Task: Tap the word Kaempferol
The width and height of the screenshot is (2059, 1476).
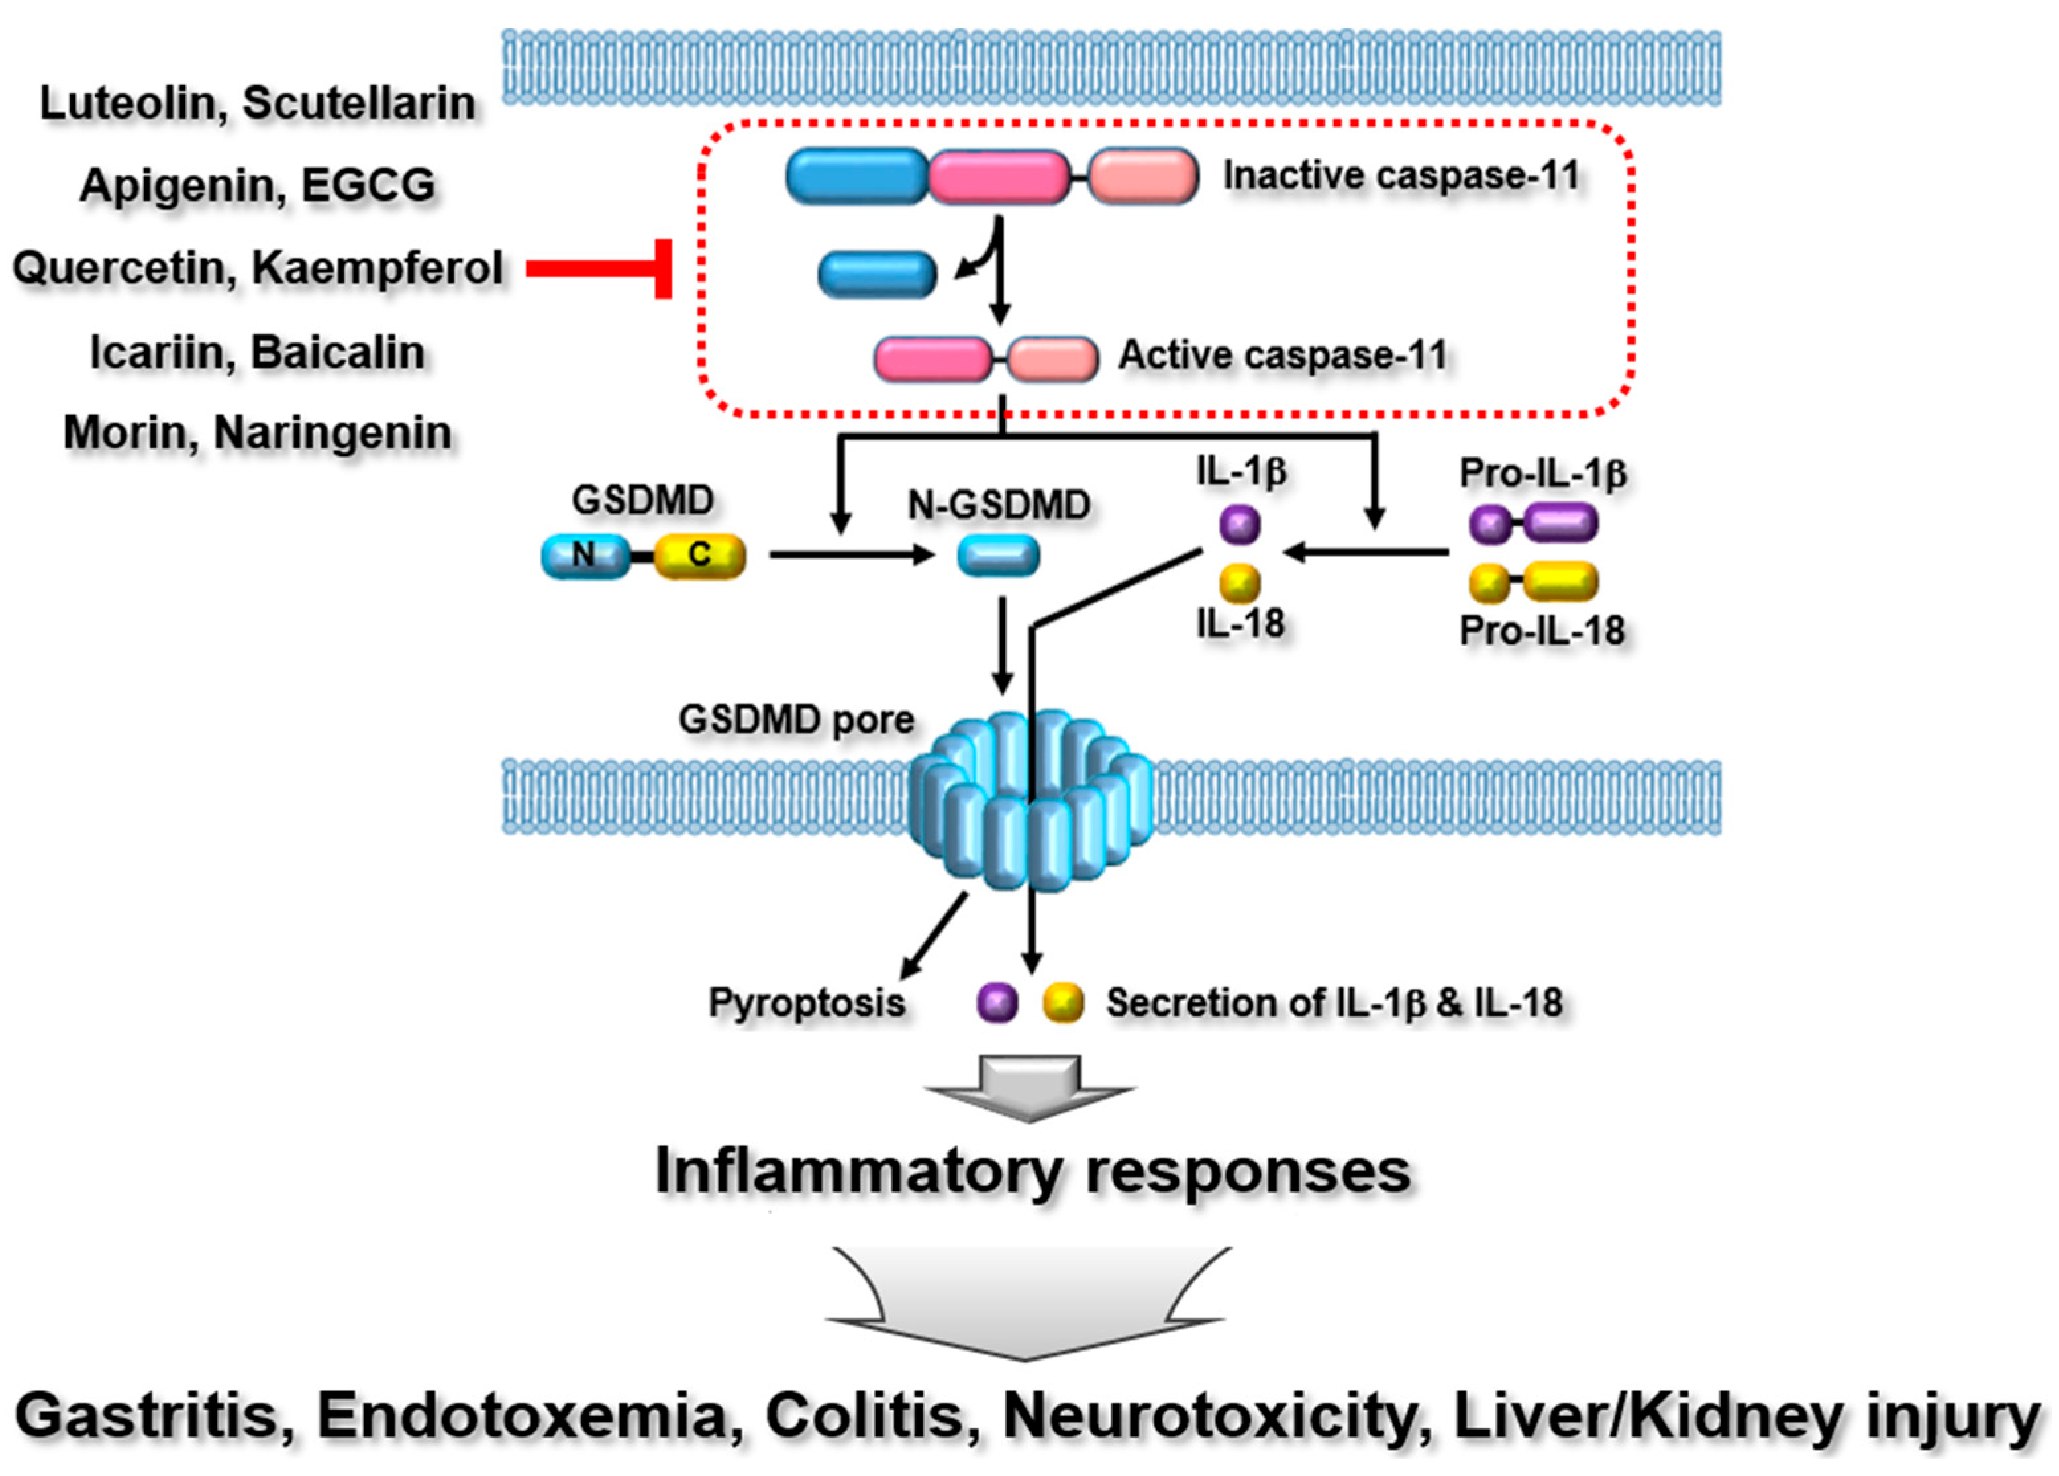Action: (x=376, y=268)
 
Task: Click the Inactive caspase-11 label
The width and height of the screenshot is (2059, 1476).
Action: (x=1401, y=175)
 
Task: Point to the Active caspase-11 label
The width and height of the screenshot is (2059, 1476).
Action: (x=1282, y=355)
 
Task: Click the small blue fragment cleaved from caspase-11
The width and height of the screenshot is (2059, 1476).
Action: (x=877, y=274)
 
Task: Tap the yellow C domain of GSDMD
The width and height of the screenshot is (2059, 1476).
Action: (x=699, y=556)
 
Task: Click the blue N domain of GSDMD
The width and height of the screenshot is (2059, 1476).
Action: (x=583, y=556)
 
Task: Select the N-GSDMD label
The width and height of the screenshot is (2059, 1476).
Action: (x=999, y=505)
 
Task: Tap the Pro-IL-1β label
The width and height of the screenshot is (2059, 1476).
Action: (x=1542, y=473)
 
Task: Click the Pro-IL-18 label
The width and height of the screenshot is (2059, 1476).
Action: (x=1542, y=630)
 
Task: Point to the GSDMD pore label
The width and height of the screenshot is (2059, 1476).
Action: (x=796, y=719)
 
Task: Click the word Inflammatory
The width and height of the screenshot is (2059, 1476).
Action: (x=858, y=1171)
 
